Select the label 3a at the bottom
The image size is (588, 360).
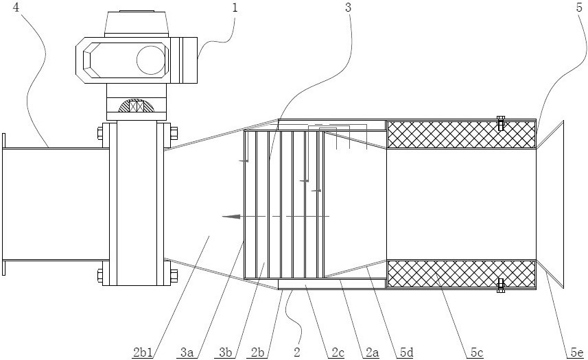(x=187, y=352)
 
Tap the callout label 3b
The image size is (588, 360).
(x=226, y=352)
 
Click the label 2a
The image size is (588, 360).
(x=373, y=352)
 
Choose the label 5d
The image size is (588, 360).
(x=406, y=352)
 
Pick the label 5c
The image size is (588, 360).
(x=477, y=352)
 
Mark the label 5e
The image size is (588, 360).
(x=577, y=352)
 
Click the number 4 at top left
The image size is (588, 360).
(x=16, y=8)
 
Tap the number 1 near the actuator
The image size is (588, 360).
(x=235, y=8)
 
